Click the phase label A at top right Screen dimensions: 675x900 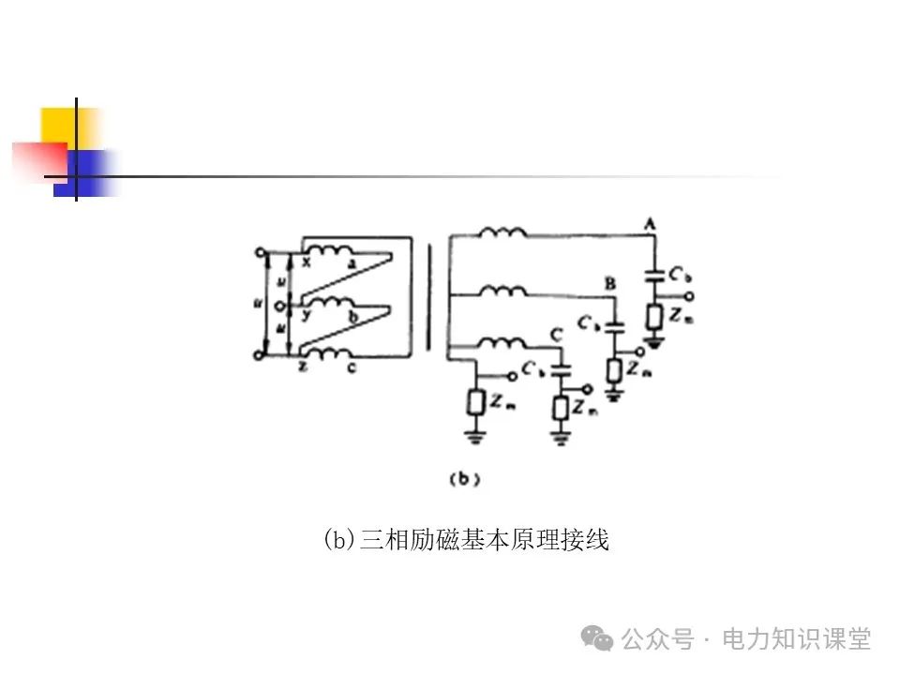coord(649,222)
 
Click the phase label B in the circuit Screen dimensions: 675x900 coord(610,282)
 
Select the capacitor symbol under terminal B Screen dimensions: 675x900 coord(614,328)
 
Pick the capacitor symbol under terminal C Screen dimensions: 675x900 coord(562,371)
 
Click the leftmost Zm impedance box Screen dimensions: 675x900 coord(474,403)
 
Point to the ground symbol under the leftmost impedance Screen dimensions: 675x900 coord(474,434)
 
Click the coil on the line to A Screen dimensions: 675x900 coord(502,232)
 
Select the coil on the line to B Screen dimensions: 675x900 coord(502,292)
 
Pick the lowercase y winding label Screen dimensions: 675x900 coord(306,317)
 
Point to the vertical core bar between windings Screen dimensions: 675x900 coord(430,298)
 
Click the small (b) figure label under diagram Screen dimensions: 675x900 coord(465,479)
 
